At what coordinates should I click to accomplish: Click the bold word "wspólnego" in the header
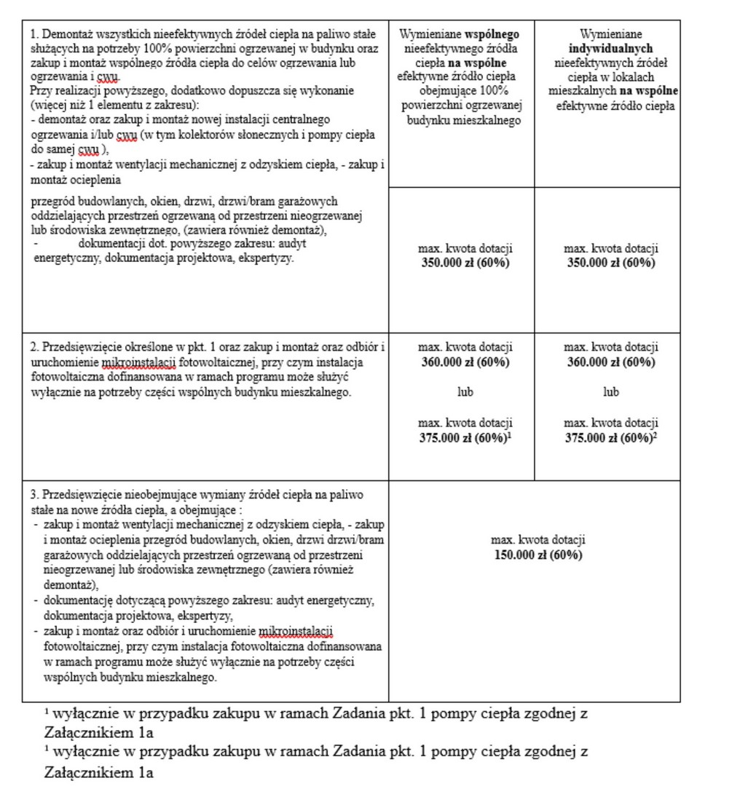point(492,34)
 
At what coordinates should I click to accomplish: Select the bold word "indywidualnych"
point(610,49)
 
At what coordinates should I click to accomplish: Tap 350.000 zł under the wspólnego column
point(444,263)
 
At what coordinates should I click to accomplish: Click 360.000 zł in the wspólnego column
point(444,362)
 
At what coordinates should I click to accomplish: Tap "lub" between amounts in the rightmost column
point(610,392)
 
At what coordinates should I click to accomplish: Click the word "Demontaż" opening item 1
point(64,34)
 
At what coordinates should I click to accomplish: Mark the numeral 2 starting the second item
point(34,347)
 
